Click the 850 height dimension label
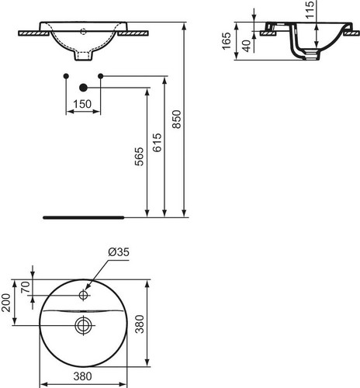[x=177, y=120]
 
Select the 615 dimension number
[x=157, y=143]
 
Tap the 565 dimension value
[x=139, y=157]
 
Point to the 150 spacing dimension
[x=82, y=104]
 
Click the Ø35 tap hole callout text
[x=119, y=252]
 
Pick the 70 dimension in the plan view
[x=26, y=287]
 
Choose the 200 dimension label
[x=5, y=303]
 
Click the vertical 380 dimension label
[x=140, y=324]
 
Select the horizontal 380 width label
[x=83, y=376]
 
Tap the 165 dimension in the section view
[x=227, y=41]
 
